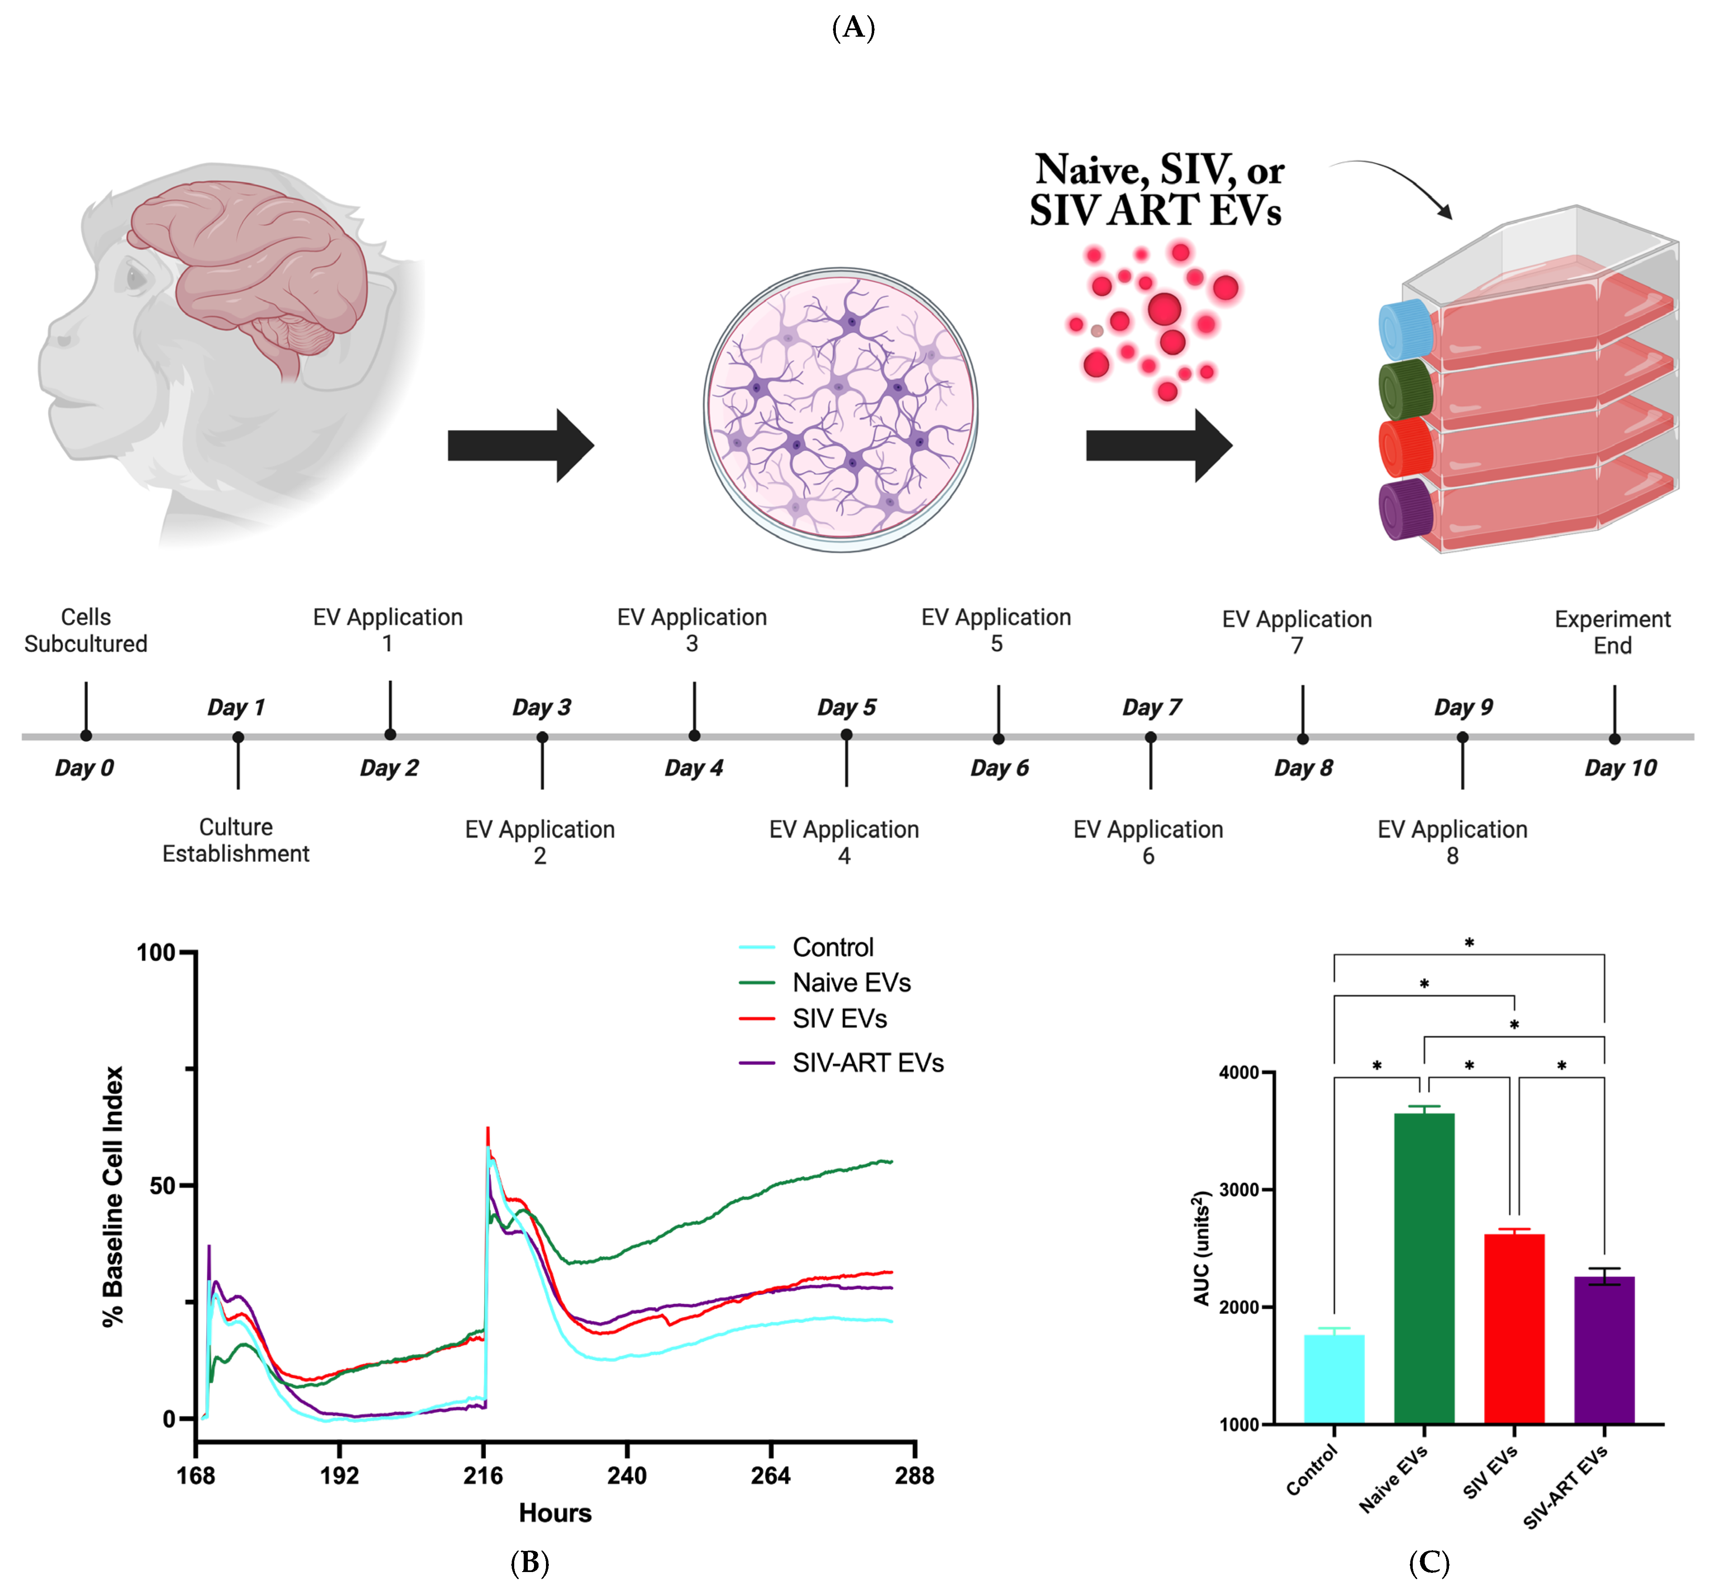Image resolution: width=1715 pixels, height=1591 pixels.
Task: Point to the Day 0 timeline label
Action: [x=85, y=768]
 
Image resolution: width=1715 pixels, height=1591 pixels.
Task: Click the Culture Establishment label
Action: [x=236, y=840]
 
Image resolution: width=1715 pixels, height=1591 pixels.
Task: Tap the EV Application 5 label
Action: [x=996, y=630]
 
